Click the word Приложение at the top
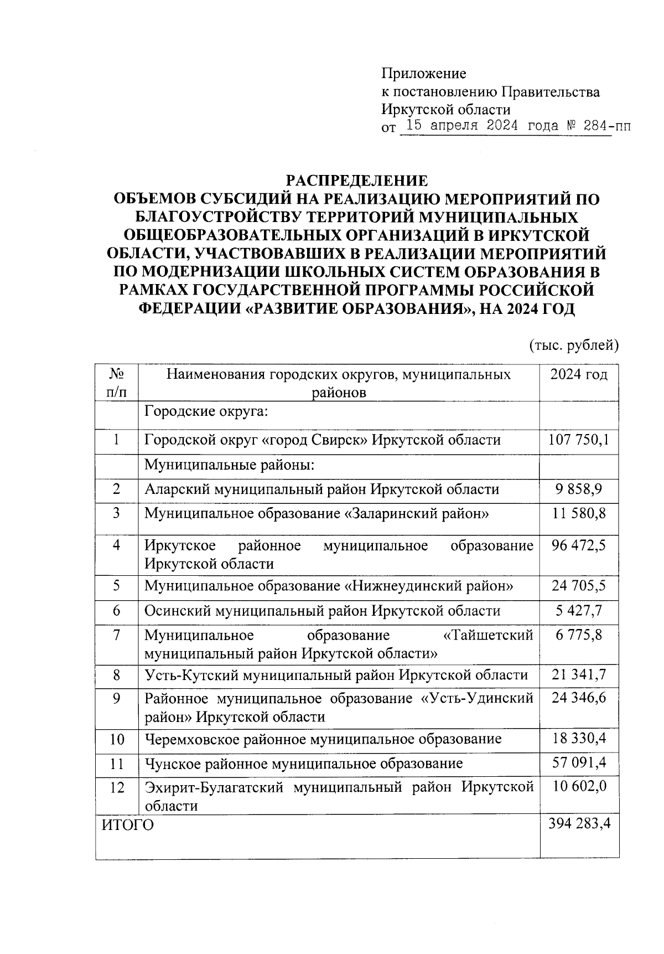click(x=424, y=74)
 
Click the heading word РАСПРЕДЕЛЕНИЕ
click(x=356, y=181)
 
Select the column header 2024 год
click(x=579, y=375)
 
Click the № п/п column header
click(x=116, y=383)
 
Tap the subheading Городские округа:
click(x=206, y=411)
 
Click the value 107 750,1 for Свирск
click(x=579, y=440)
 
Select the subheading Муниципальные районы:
click(x=229, y=465)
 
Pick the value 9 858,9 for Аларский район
click(x=579, y=489)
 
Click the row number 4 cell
click(x=116, y=545)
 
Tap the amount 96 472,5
click(x=579, y=545)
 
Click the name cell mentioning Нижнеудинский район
click(x=329, y=586)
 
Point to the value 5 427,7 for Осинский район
click(x=579, y=611)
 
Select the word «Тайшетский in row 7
click(x=489, y=635)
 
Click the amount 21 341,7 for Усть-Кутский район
click(x=579, y=675)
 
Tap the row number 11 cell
click(x=116, y=764)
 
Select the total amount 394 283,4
click(x=579, y=824)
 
